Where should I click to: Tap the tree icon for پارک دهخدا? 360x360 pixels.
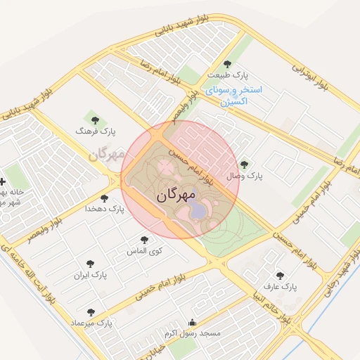[x=105, y=198]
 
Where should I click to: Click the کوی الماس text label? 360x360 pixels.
[x=144, y=251]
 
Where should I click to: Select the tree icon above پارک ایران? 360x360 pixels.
[x=90, y=263]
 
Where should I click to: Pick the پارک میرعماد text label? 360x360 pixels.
[x=91, y=323]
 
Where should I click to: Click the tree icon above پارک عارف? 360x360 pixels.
[x=280, y=276]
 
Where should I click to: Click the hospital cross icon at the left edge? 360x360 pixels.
[x=4, y=181]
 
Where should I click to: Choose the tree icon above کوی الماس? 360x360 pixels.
[x=145, y=240]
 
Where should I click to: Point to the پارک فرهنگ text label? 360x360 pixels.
[x=98, y=131]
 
